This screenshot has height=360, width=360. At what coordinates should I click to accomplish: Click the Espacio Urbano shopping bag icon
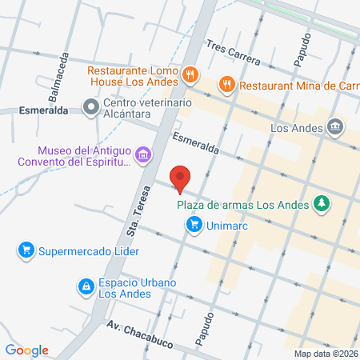tap(85, 286)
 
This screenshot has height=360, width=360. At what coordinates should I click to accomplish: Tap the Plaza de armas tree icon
tap(322, 204)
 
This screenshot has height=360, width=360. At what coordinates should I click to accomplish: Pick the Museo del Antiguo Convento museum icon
tap(143, 154)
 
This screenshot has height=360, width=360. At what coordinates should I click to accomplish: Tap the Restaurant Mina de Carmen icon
tap(227, 83)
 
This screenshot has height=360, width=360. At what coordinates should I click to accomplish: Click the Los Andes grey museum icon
tap(334, 126)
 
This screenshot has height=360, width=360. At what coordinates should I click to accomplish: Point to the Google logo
tap(26, 350)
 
